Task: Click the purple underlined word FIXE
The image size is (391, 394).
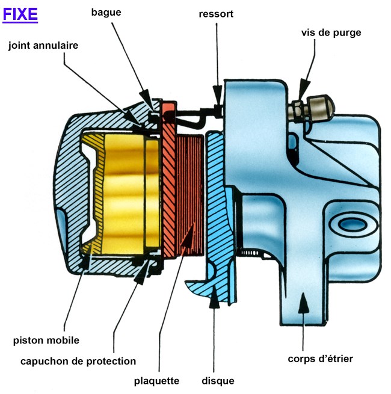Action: (x=20, y=14)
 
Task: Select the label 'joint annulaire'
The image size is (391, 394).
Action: (x=43, y=45)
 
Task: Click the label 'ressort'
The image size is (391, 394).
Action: (x=216, y=13)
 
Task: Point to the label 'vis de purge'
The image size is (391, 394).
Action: (x=331, y=32)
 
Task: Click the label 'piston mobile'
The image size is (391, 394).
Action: (x=46, y=340)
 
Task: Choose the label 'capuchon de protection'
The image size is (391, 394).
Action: (x=78, y=361)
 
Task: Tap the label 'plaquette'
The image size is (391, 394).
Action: (x=156, y=381)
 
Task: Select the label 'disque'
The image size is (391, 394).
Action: (x=218, y=381)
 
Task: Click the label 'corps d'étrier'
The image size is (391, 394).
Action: (x=320, y=359)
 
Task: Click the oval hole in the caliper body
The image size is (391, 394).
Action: (x=349, y=224)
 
